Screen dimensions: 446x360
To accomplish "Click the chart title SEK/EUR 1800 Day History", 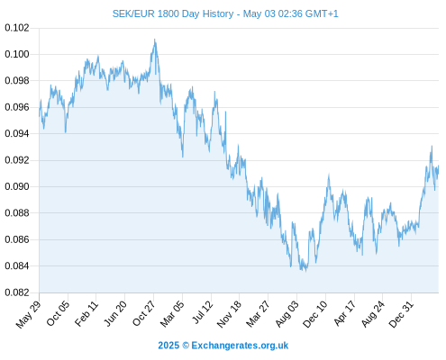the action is pyautogui.click(x=173, y=13).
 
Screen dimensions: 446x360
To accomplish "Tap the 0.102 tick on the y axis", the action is pyautogui.click(x=17, y=28).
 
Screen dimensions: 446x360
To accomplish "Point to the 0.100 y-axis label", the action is pyautogui.click(x=17, y=54).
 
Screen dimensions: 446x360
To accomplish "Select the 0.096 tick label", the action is pyautogui.click(x=17, y=107).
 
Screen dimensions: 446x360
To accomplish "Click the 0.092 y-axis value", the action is pyautogui.click(x=17, y=160).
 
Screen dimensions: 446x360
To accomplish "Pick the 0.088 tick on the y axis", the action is pyautogui.click(x=17, y=213).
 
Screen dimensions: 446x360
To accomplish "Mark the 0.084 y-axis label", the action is pyautogui.click(x=17, y=265).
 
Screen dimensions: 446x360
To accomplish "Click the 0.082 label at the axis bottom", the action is pyautogui.click(x=17, y=292).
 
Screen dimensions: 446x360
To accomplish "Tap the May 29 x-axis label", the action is pyautogui.click(x=28, y=314).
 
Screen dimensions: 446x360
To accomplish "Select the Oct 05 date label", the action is pyautogui.click(x=58, y=312).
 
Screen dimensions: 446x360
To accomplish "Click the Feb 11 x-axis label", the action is pyautogui.click(x=86, y=313).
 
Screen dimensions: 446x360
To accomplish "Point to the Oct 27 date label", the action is pyautogui.click(x=144, y=313).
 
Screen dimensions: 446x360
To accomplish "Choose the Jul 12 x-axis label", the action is pyautogui.click(x=202, y=311).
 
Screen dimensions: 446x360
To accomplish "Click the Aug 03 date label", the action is pyautogui.click(x=287, y=313).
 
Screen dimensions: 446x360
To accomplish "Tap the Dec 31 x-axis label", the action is pyautogui.click(x=401, y=313).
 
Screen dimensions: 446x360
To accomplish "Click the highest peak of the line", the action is pyautogui.click(x=155, y=40).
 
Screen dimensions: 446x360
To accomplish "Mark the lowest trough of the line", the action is pyautogui.click(x=305, y=271).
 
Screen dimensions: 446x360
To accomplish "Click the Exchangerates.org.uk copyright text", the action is pyautogui.click(x=223, y=346).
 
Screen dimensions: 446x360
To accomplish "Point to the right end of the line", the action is pyautogui.click(x=439, y=166).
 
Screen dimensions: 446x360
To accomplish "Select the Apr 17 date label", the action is pyautogui.click(x=345, y=312).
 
